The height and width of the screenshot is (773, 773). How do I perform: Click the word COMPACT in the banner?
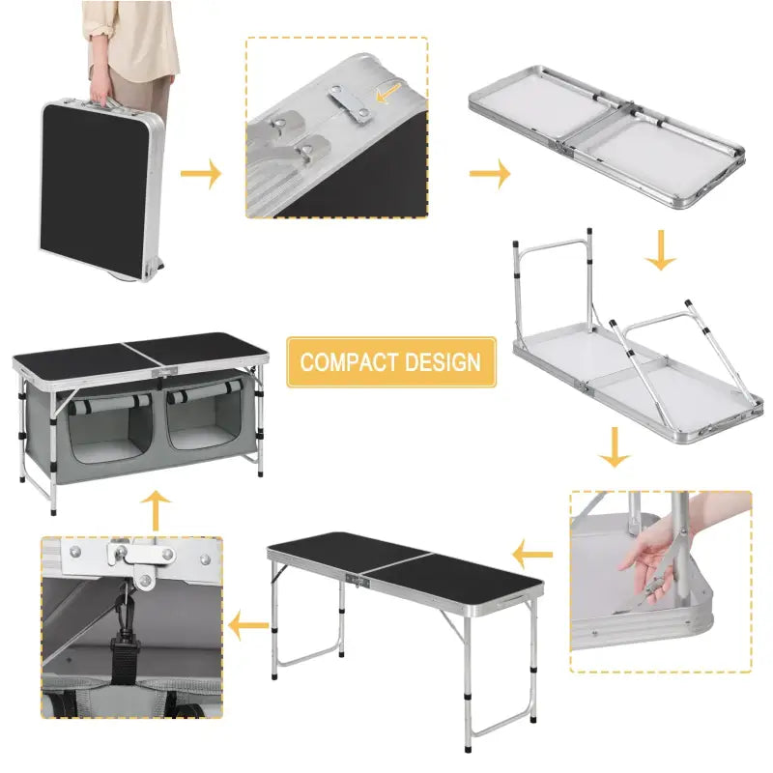pos(347,362)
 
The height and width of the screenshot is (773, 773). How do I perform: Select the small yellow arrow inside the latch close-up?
pos(388,94)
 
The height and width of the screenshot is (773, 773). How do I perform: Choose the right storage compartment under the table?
pos(204,430)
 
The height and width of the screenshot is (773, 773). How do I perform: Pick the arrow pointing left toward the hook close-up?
pos(248,628)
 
